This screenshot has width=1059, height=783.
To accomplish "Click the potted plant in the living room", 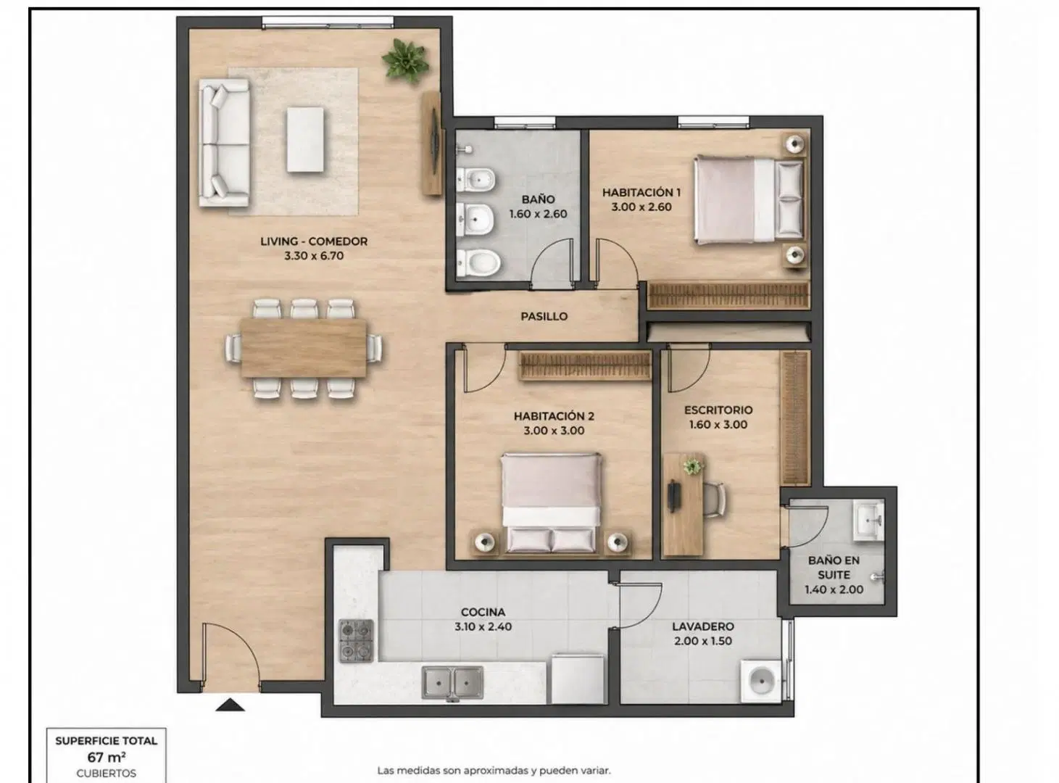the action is tap(405, 62).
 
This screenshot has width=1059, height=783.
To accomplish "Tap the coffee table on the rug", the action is tap(305, 139).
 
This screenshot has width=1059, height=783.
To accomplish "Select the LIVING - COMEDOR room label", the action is tap(314, 241).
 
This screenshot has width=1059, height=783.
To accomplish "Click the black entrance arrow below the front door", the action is tap(230, 705).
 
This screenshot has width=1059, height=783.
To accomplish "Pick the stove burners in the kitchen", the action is tap(357, 641).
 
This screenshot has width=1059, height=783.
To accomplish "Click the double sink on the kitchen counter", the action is tap(452, 683).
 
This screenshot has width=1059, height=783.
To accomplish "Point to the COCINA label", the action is tap(483, 612).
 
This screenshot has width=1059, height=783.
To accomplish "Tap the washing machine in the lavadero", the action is tap(761, 681).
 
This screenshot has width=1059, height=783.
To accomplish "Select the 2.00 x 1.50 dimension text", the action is tap(703, 641).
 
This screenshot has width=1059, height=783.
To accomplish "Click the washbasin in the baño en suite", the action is tap(869, 521).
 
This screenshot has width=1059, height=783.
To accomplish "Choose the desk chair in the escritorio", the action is tap(715, 500).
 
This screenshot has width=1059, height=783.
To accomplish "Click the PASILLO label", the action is tap(544, 316).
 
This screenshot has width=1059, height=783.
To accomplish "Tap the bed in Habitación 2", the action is tap(551, 504).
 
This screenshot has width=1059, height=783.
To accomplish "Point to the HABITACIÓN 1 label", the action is tap(641, 193).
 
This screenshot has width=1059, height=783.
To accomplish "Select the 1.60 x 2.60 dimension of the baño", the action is tap(538, 214).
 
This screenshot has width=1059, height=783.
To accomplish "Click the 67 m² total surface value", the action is tap(107, 757).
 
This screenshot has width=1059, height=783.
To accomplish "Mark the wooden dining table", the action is tap(304, 348).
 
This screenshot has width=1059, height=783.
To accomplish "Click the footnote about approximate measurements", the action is tap(494, 771).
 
